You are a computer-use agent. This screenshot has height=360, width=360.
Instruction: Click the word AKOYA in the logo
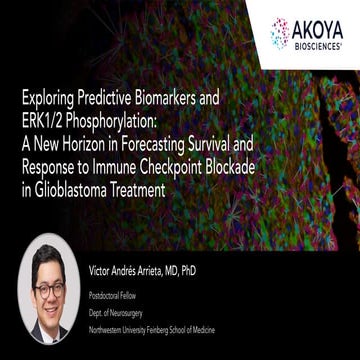click(x=319, y=28)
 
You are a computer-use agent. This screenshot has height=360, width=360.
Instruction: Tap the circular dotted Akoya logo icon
click(x=281, y=33)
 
